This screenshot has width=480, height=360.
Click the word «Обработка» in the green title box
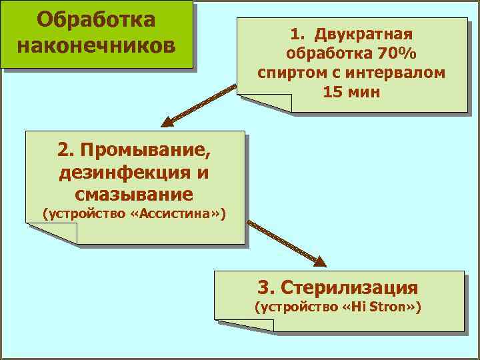(97, 19)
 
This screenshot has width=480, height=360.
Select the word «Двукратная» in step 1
(365, 34)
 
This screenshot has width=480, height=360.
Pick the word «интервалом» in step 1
(397, 73)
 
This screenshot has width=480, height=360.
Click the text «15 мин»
(351, 92)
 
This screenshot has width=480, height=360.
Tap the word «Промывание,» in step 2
(151, 151)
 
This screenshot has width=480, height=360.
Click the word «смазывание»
(135, 195)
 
